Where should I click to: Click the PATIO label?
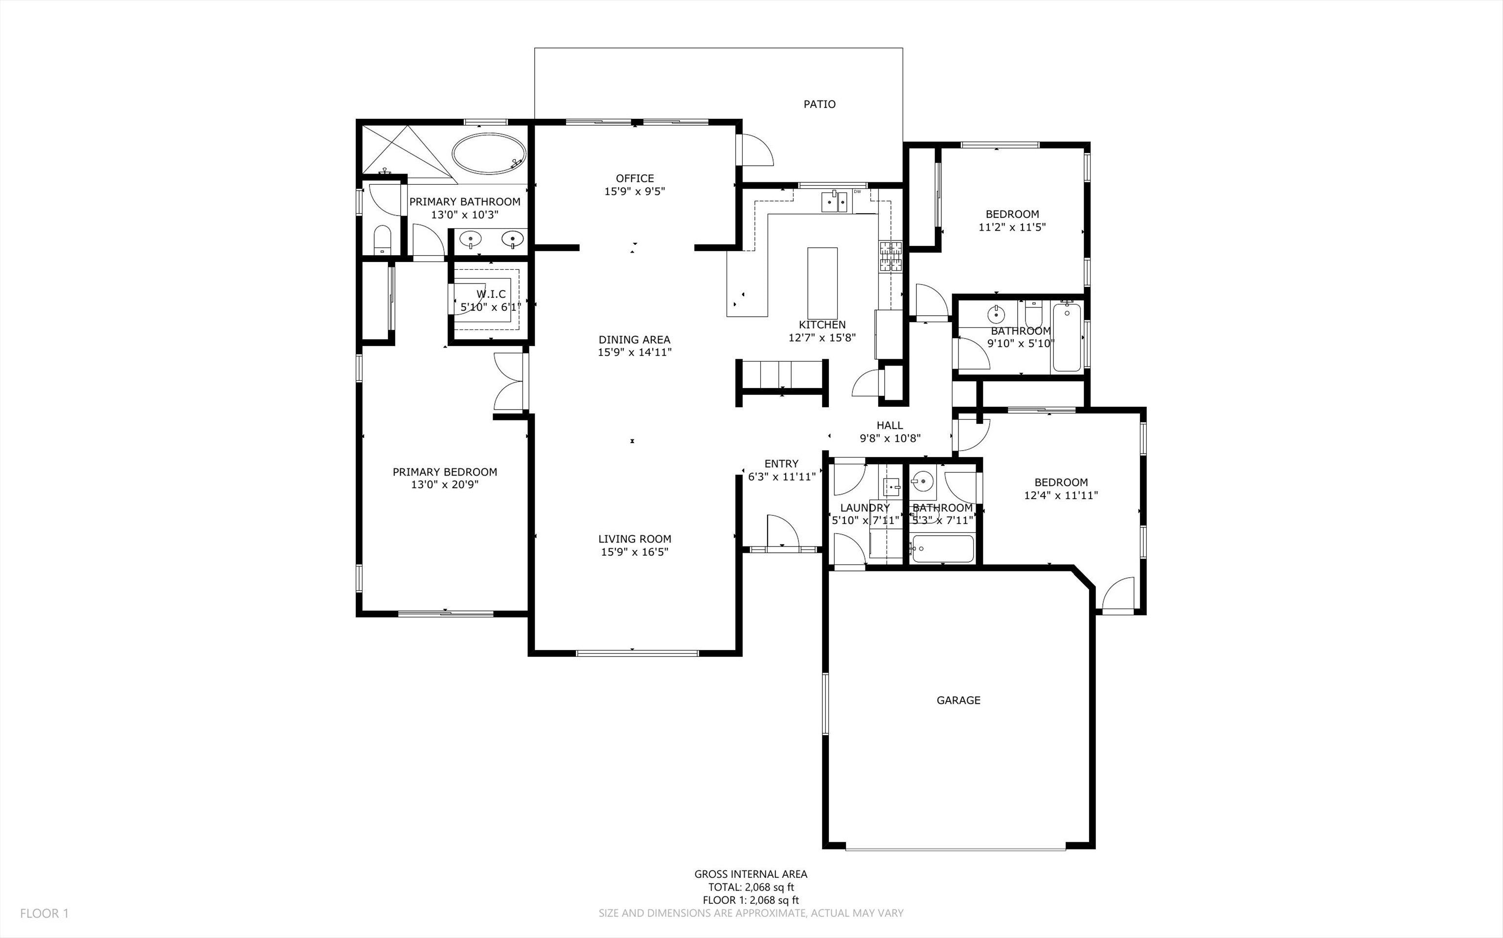click(x=820, y=104)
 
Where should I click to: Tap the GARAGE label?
click(x=958, y=700)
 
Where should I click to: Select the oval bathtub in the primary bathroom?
click(x=489, y=153)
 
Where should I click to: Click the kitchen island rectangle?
click(x=822, y=283)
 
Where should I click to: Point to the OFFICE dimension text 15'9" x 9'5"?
click(x=635, y=192)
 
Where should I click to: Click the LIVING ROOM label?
click(x=635, y=539)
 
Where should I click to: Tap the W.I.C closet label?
click(x=491, y=294)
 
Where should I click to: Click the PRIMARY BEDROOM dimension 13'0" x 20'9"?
click(x=445, y=484)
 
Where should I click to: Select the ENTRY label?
click(x=782, y=463)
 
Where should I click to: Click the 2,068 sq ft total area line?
click(x=751, y=887)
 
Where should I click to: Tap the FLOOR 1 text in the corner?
click(x=44, y=913)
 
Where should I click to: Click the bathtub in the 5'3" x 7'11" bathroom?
click(x=942, y=548)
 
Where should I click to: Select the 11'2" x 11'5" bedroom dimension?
click(x=1012, y=227)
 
